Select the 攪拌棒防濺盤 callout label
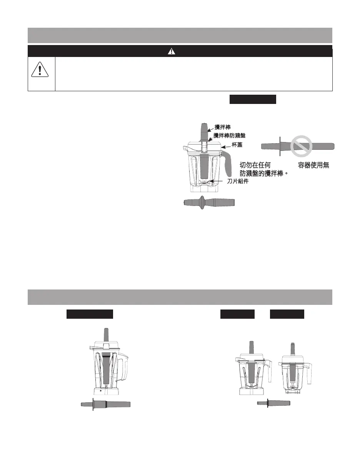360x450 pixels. click(x=229, y=135)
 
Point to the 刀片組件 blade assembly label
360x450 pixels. click(x=237, y=181)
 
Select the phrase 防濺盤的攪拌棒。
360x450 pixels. click(x=264, y=174)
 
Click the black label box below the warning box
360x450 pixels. click(x=253, y=99)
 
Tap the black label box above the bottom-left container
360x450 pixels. click(x=90, y=314)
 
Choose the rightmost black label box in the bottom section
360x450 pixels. click(x=287, y=314)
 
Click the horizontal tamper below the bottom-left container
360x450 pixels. click(x=105, y=404)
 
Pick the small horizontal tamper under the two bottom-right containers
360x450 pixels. click(x=273, y=403)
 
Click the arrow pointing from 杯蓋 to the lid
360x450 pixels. click(x=226, y=146)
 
